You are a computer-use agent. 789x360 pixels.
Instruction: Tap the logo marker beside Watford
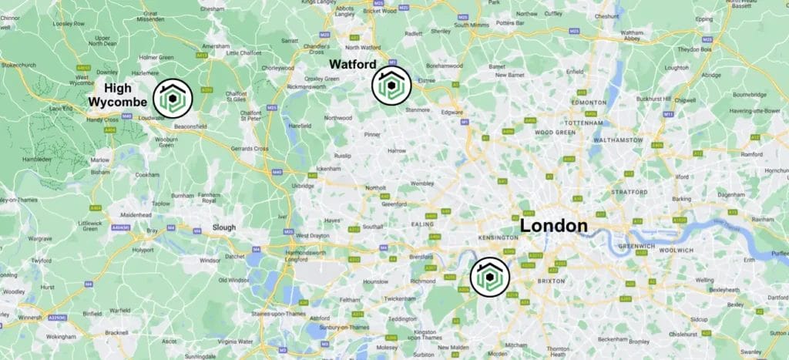391,85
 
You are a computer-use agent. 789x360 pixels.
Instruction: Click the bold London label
553,226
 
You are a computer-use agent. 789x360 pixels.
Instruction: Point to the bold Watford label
354,65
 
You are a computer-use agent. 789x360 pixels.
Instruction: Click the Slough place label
225,227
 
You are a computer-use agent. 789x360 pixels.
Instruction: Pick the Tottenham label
583,123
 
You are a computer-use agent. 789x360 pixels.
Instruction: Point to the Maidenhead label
136,214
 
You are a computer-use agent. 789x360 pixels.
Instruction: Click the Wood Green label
555,133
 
